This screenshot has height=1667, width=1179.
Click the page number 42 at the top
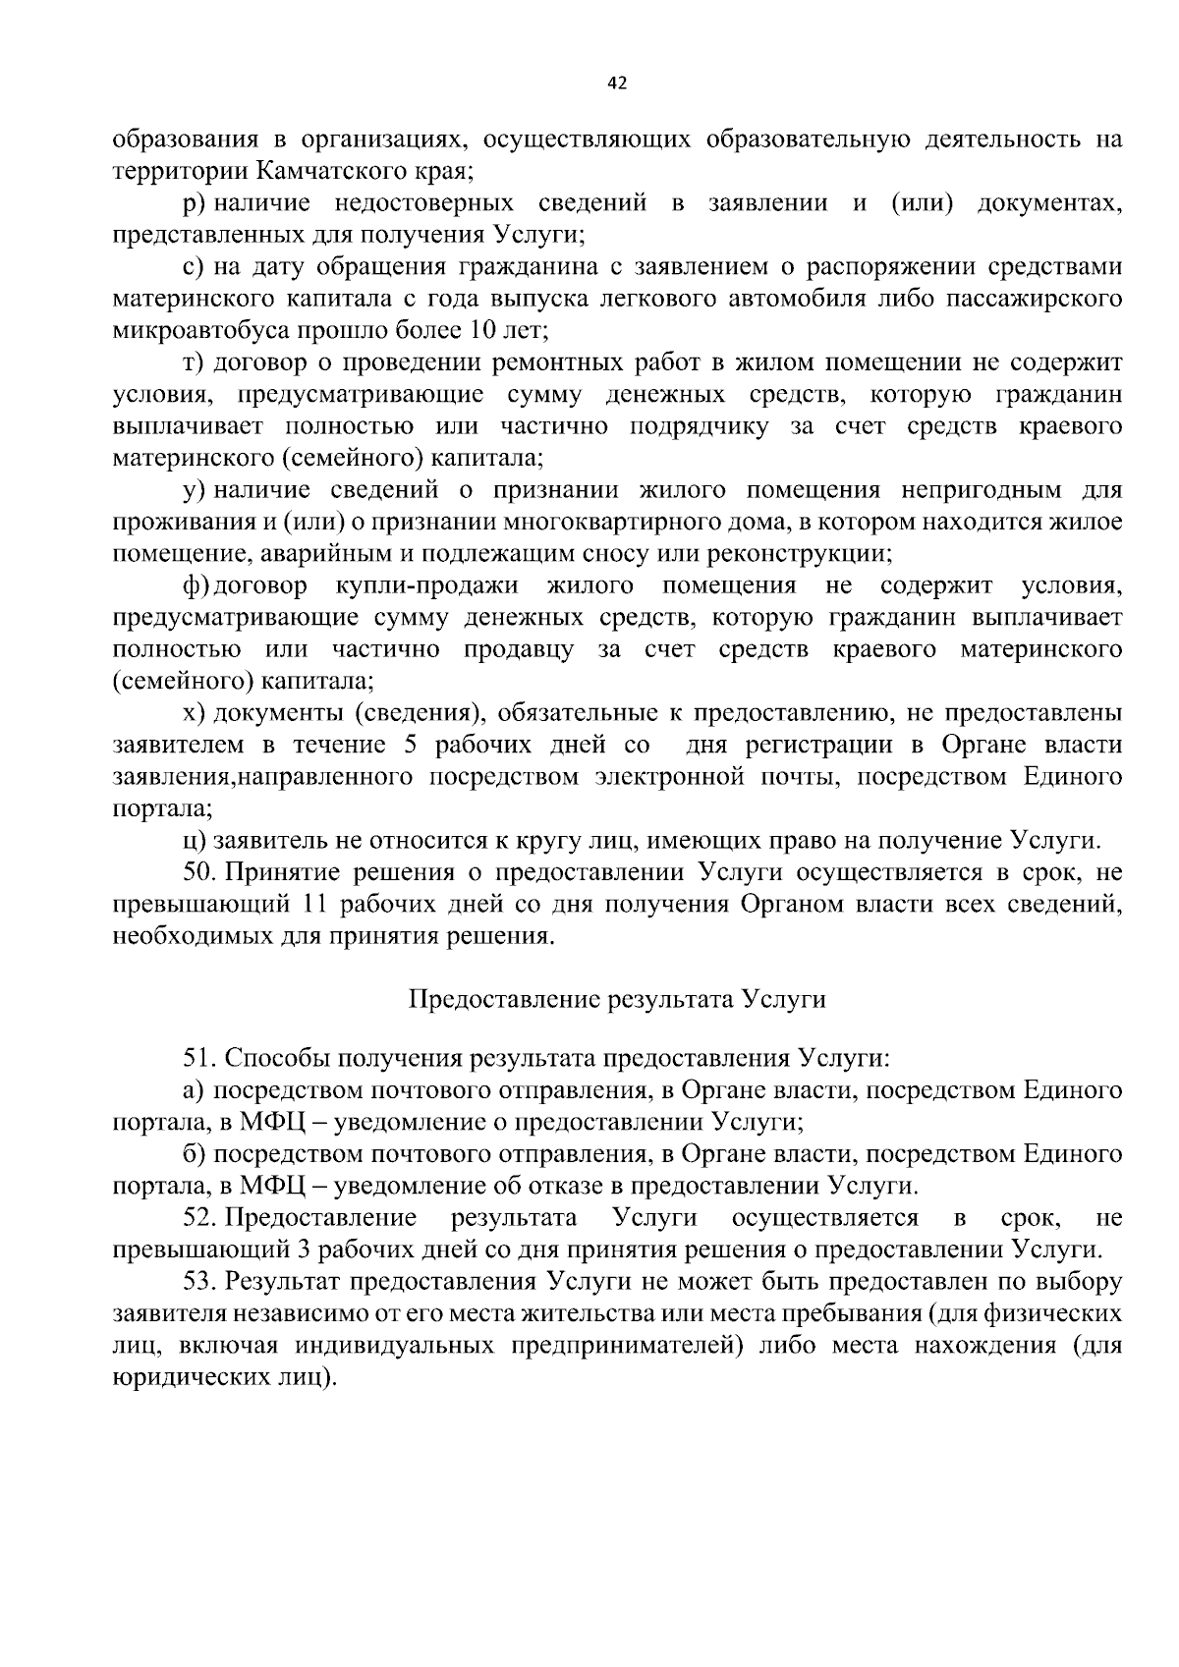(616, 83)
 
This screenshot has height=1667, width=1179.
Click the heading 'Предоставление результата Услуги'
(616, 1000)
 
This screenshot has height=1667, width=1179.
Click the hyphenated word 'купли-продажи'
(425, 586)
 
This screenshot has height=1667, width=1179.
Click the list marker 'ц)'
(194, 841)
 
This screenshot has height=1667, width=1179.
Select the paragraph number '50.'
(199, 872)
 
